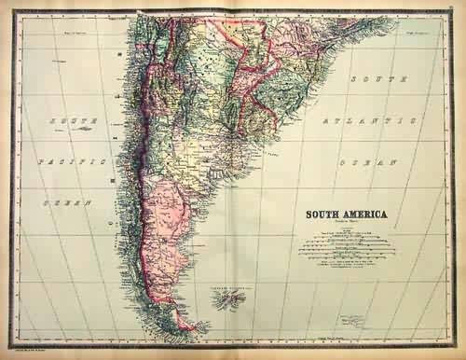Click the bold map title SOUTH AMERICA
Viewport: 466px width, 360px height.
pyautogui.click(x=343, y=214)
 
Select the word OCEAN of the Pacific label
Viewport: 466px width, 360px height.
pyautogui.click(x=67, y=201)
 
